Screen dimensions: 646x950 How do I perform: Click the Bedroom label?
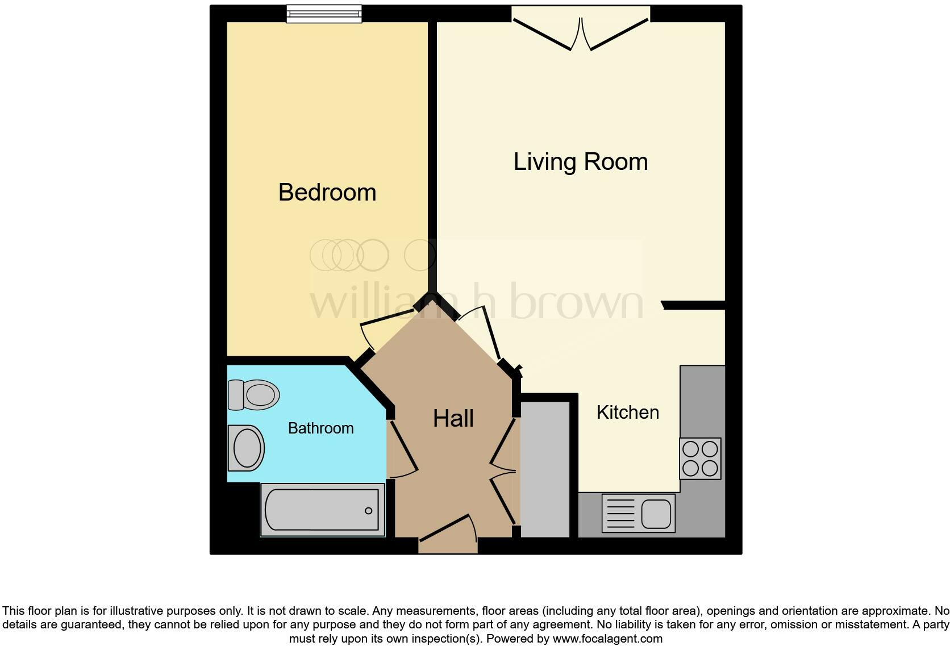coord(327,193)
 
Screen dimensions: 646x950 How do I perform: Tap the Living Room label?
coord(580,162)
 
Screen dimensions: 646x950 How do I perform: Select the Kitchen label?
coord(627,412)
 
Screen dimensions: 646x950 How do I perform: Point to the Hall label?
coord(453,419)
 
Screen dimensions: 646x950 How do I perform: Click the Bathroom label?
coord(320,428)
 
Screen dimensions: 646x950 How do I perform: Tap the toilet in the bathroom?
coord(254,394)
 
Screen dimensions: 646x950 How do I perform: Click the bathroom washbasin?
coord(246,448)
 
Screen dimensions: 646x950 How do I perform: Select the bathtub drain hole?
coord(368,511)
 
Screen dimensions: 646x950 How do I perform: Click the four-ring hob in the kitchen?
coord(700,459)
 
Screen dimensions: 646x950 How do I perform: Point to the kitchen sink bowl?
coord(656,514)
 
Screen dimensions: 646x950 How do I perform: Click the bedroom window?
coord(324,14)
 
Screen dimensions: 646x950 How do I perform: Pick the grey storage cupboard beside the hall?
coord(545,469)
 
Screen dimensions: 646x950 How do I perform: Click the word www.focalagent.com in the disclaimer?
coord(607,639)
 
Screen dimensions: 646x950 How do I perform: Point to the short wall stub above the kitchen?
coord(694,306)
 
